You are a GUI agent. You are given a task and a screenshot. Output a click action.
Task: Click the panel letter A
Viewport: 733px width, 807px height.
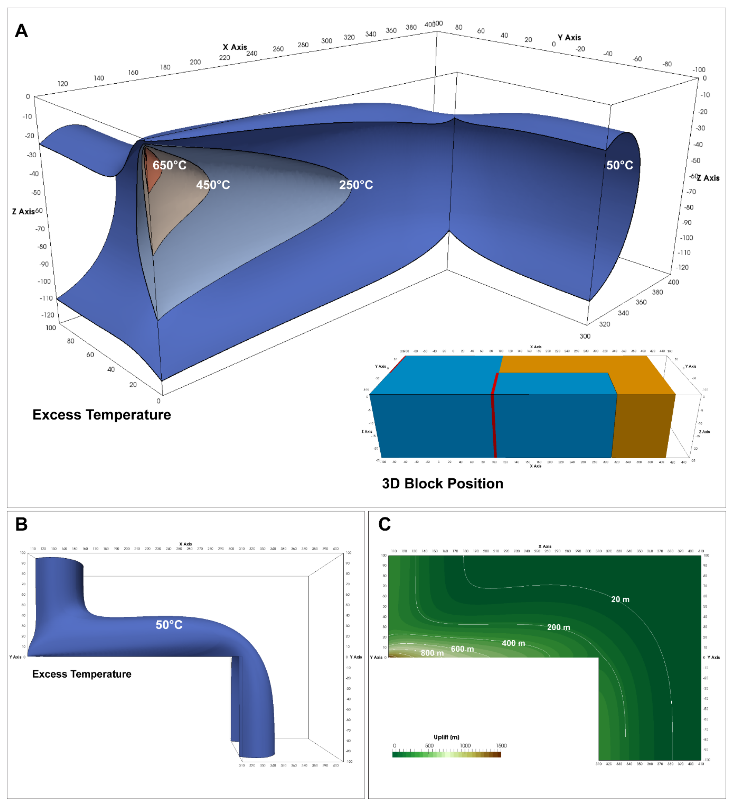coord(21,31)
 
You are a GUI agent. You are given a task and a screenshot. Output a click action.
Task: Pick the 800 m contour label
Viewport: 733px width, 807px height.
coord(432,653)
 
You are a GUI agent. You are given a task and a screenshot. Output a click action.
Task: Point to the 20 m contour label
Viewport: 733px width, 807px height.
coord(620,599)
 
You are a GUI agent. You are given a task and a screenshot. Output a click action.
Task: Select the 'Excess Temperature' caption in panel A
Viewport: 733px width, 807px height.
coord(102,415)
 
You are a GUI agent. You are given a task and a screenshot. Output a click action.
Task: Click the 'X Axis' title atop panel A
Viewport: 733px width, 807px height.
coord(235,47)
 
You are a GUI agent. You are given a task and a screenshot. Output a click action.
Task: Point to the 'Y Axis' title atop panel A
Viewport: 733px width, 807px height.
coord(569,38)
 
